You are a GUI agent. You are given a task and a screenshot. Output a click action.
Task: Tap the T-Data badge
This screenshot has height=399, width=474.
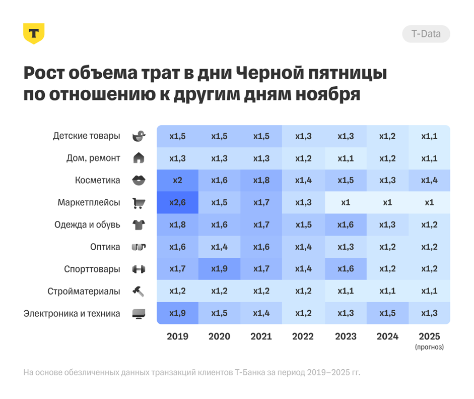pyautogui.click(x=426, y=34)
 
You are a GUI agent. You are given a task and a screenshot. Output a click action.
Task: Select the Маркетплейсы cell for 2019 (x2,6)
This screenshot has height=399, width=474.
pyautogui.click(x=177, y=203)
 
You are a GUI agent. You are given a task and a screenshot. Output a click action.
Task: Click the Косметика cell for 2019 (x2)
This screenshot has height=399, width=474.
pyautogui.click(x=177, y=181)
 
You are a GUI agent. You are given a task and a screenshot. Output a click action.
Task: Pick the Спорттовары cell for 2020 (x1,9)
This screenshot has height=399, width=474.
pyautogui.click(x=219, y=269)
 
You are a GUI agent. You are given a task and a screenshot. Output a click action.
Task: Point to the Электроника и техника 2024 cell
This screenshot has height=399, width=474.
pyautogui.click(x=387, y=314)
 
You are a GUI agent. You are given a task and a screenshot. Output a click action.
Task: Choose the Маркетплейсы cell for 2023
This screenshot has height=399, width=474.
pyautogui.click(x=345, y=203)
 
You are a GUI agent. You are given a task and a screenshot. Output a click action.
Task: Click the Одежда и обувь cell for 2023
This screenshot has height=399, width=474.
pyautogui.click(x=345, y=225)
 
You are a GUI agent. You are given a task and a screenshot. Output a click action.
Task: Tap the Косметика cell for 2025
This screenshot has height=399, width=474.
pyautogui.click(x=429, y=181)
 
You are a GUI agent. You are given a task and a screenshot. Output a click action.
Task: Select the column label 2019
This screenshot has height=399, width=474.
pyautogui.click(x=177, y=336)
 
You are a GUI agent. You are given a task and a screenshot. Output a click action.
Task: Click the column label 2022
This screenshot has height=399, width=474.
pyautogui.click(x=303, y=336)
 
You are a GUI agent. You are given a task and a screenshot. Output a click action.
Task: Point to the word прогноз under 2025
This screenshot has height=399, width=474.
pyautogui.click(x=429, y=347)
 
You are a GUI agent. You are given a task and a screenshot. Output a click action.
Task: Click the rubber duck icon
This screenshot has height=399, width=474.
pyautogui.click(x=139, y=136)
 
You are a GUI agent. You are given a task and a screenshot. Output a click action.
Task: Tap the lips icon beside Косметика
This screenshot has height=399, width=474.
pyautogui.click(x=139, y=181)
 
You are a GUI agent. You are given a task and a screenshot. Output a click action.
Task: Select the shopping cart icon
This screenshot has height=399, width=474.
pyautogui.click(x=139, y=203)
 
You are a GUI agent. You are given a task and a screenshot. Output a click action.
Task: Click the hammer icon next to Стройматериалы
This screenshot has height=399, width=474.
pyautogui.click(x=139, y=291)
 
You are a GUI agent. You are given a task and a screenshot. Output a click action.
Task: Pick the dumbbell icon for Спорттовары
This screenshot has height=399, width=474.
pyautogui.click(x=139, y=269)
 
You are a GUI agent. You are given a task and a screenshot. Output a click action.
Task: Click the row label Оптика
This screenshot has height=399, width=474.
pyautogui.click(x=105, y=247)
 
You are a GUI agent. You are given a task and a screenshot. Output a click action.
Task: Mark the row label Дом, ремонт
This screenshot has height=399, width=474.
pyautogui.click(x=93, y=158)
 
